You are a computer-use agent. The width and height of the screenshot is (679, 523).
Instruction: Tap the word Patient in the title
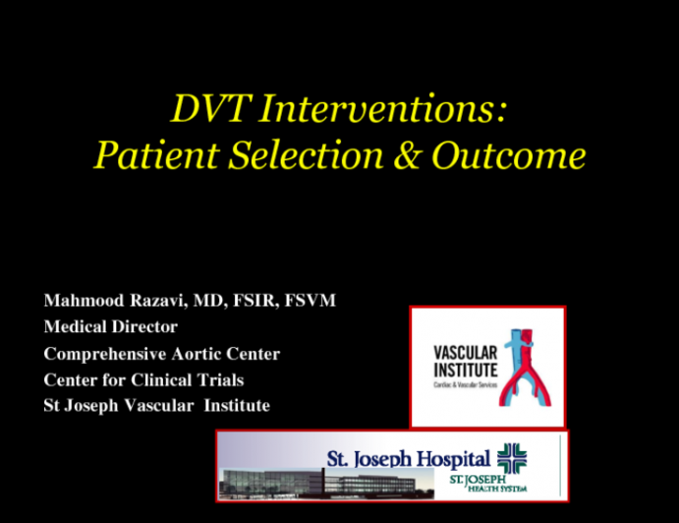click(145, 155)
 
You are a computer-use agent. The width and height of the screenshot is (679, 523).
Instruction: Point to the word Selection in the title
click(286, 155)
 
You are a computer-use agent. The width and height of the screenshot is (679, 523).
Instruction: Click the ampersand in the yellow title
click(396, 155)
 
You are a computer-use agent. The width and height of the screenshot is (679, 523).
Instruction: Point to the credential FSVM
click(311, 300)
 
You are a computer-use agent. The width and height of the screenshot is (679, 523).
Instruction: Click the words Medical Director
click(110, 326)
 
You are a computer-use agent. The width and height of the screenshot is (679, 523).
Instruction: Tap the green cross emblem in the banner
click(512, 457)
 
